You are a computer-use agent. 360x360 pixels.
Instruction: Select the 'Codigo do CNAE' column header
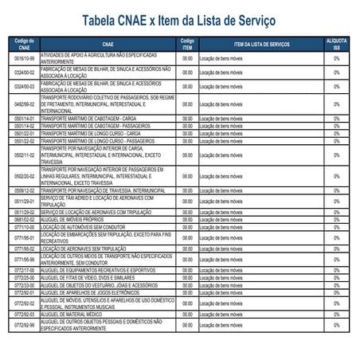point(25,44)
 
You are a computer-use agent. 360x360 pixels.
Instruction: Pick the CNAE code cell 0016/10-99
point(25,59)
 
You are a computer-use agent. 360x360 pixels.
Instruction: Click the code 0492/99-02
point(25,104)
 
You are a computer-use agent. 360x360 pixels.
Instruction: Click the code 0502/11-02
point(25,155)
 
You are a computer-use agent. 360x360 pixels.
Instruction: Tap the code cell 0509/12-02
point(25,191)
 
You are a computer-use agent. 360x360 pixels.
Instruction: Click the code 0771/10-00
point(25,225)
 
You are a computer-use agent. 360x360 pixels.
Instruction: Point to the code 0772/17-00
point(25,270)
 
